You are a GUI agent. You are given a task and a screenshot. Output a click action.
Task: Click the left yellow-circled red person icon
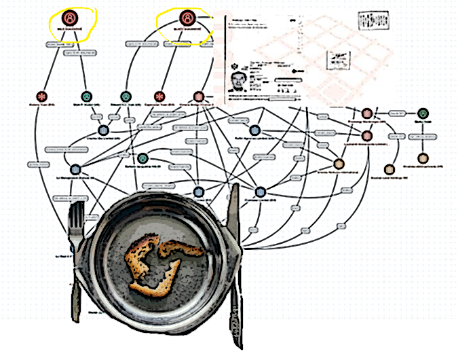tap(70, 18)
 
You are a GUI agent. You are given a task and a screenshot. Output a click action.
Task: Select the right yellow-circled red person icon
tap(187, 18)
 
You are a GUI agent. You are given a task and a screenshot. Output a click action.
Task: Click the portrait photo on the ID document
tap(238, 84)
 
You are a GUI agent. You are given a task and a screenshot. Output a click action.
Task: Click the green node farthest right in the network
tap(423, 113)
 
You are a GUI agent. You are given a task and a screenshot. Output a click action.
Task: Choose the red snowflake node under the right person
tap(160, 97)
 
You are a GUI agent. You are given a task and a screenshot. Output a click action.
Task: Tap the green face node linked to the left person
tap(86, 97)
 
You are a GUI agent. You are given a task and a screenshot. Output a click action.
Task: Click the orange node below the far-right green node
tap(423, 158)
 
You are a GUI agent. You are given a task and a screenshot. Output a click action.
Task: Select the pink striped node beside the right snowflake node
tap(199, 97)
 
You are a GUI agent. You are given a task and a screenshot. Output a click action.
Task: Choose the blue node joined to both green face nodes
tap(104, 129)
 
